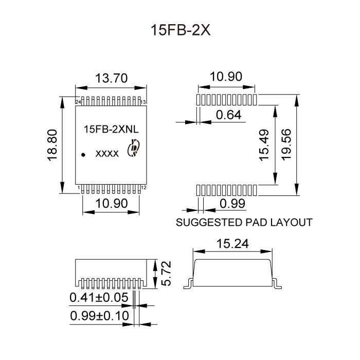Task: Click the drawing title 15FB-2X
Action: [x=179, y=29]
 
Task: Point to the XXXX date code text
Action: [x=108, y=154]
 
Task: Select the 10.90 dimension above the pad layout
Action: [x=226, y=77]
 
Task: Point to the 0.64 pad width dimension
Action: [x=228, y=115]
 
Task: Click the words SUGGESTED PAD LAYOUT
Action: [x=244, y=223]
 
